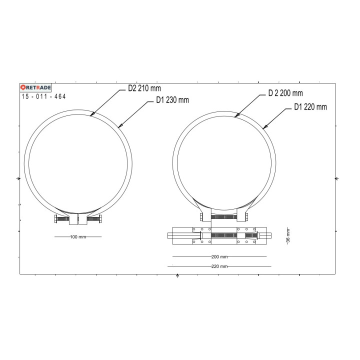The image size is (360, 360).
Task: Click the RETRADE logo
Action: point(36,87)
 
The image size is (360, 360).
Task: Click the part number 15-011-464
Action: point(44,96)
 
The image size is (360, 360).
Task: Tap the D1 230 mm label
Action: point(172,99)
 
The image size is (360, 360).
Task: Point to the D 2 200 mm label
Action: point(285,93)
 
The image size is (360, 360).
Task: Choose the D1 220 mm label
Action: point(310,106)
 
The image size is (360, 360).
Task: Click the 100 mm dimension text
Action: point(77,236)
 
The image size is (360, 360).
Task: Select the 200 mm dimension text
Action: point(219,256)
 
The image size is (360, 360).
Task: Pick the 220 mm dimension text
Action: point(219,266)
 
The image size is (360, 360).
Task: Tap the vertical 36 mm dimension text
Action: point(288,234)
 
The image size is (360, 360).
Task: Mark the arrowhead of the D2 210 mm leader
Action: point(91,115)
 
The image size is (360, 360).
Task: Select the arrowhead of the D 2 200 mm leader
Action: point(236,116)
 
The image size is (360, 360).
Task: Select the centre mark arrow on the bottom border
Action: point(177,275)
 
